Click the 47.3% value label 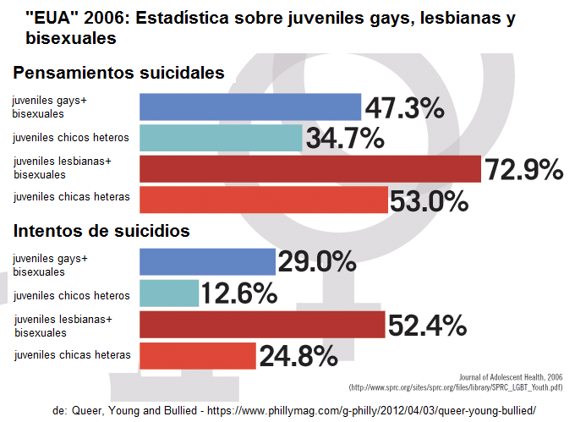click(404, 107)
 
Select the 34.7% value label click(345, 139)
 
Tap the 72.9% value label click(523, 169)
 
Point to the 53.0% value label click(429, 200)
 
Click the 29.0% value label click(317, 262)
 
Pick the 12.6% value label click(239, 293)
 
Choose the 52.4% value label click(427, 325)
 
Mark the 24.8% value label click(298, 356)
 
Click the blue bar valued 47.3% click(250, 107)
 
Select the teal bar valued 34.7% click(221, 138)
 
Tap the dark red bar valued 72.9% click(309, 169)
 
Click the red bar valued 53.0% click(263, 200)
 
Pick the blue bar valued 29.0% click(207, 262)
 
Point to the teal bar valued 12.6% click(168, 293)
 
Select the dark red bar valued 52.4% click(261, 325)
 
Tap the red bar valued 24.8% click(197, 356)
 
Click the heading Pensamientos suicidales click(118, 73)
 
